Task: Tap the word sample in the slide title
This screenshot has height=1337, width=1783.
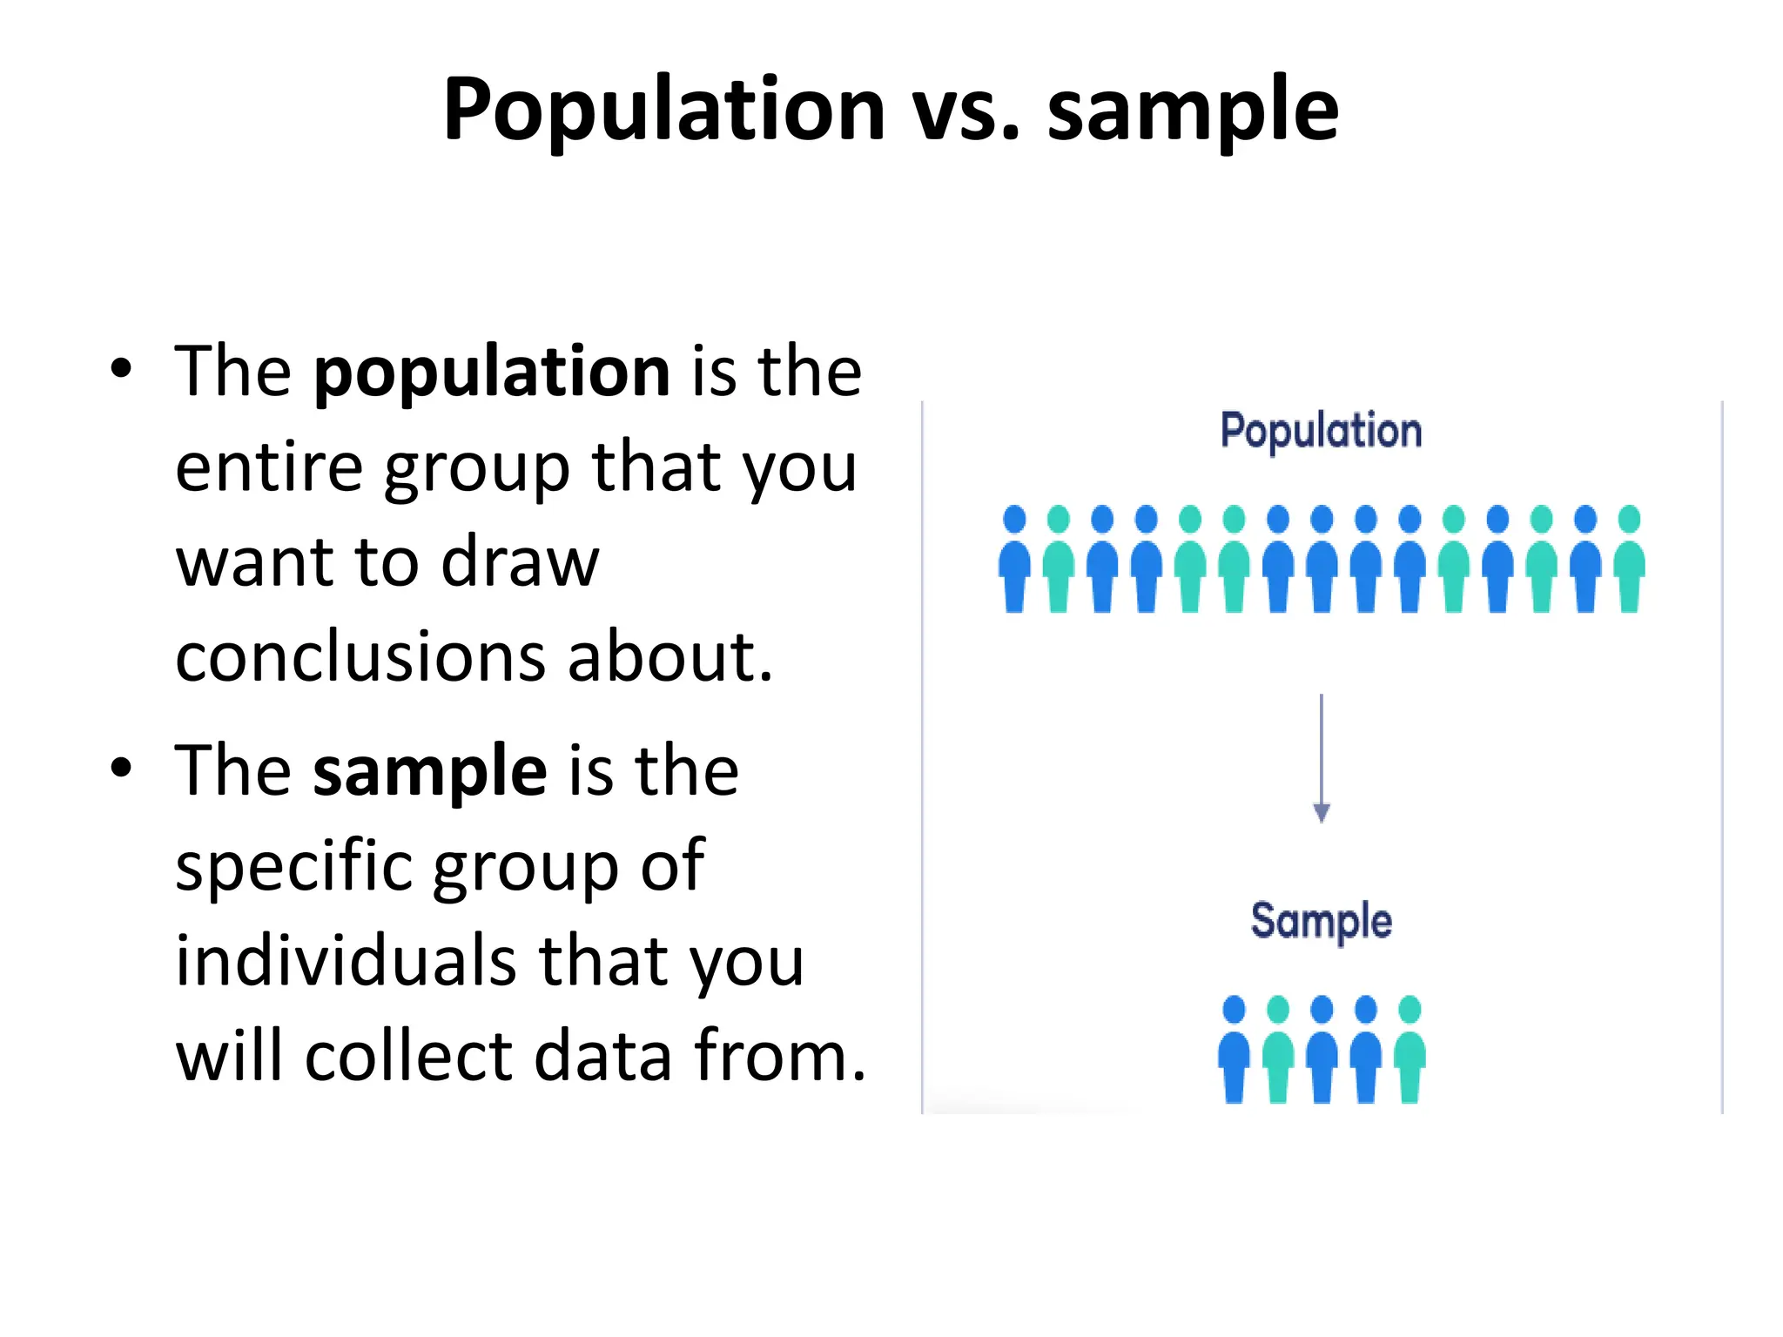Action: point(1192,111)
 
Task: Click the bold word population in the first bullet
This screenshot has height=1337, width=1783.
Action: point(492,373)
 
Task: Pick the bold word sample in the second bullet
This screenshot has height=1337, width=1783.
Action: point(430,771)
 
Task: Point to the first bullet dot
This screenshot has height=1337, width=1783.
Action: point(121,369)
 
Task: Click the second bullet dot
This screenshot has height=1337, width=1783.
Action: point(121,768)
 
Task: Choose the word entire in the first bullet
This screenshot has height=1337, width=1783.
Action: point(269,467)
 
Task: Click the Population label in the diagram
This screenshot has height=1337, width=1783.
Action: point(1321,431)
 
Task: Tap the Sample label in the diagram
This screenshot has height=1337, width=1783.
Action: point(1321,921)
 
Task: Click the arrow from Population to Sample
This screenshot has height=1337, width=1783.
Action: point(1321,757)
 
